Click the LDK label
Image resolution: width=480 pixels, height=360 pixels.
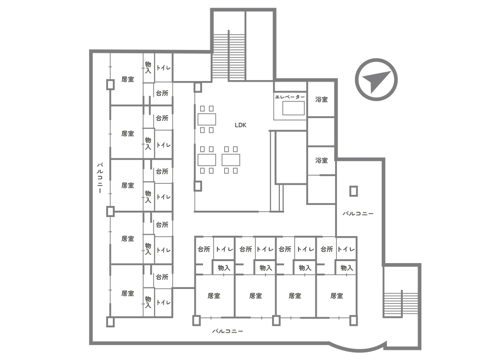tap(240, 125)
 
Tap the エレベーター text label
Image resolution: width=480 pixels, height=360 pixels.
tap(290, 97)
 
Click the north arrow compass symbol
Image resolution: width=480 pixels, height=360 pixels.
tap(376, 80)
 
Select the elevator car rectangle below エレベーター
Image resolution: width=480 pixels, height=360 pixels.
tap(293, 108)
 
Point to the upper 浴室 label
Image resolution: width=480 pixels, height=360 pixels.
tap(322, 99)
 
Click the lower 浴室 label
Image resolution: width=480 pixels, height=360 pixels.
tap(322, 160)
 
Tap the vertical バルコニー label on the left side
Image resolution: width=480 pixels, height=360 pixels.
tap(100, 178)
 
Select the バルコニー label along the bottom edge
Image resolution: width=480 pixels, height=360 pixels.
tap(228, 331)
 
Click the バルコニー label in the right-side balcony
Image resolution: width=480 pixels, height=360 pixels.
tap(358, 214)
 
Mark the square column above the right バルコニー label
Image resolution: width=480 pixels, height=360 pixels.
tap(354, 192)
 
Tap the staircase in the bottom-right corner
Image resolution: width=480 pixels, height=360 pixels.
tap(401, 303)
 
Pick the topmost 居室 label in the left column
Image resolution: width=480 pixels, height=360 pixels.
tap(128, 80)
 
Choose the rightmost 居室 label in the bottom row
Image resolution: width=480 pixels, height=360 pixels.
tap(337, 296)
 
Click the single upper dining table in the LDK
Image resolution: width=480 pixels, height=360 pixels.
tap(206, 120)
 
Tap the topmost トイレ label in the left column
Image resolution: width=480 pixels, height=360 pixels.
tap(164, 68)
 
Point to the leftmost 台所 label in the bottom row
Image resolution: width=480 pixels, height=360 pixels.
tap(204, 250)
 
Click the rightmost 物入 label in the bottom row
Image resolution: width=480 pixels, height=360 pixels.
tap(347, 268)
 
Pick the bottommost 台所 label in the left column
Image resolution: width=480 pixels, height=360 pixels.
tap(162, 277)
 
